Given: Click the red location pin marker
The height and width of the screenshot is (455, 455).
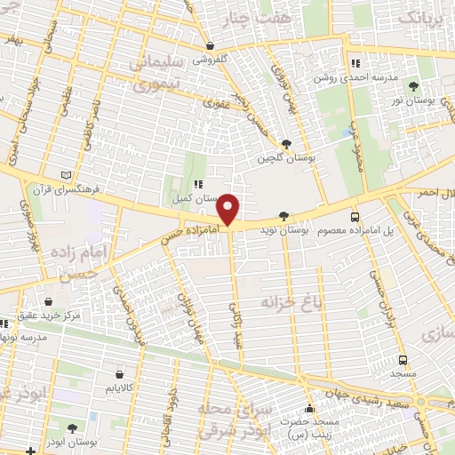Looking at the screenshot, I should coord(229,210).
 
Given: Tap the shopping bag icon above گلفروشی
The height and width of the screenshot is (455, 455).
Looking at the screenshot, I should coord(210,45).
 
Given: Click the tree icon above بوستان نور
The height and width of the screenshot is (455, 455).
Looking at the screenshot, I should coord(414,85).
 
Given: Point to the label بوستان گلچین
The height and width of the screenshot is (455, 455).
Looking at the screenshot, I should coord(287,157).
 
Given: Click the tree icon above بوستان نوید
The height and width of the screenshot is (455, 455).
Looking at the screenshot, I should coord(283,215).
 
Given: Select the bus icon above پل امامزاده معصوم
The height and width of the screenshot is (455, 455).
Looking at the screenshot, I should coord(355,216).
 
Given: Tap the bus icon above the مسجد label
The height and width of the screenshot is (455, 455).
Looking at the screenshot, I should coord(403,360).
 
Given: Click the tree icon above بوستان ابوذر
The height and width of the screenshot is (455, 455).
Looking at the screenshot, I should coord(73,427).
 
